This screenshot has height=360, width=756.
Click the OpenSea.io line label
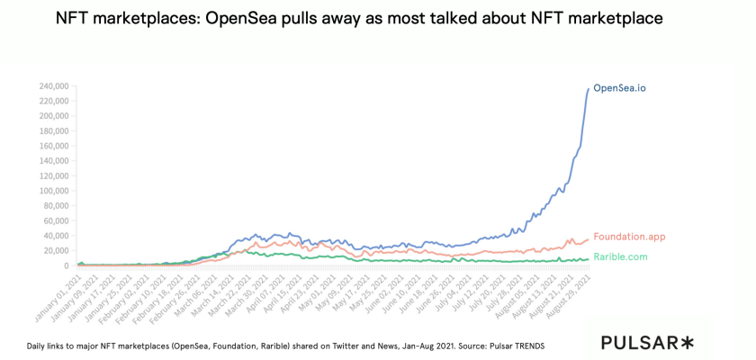pyautogui.click(x=619, y=87)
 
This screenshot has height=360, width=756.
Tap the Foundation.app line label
pyautogui.click(x=629, y=237)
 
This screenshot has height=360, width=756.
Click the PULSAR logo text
pyautogui.click(x=641, y=342)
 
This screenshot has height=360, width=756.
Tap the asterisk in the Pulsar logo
pyautogui.click(x=688, y=342)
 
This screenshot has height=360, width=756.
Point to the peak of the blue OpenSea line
pyautogui.click(x=589, y=87)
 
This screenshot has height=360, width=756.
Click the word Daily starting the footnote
pyautogui.click(x=38, y=345)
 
